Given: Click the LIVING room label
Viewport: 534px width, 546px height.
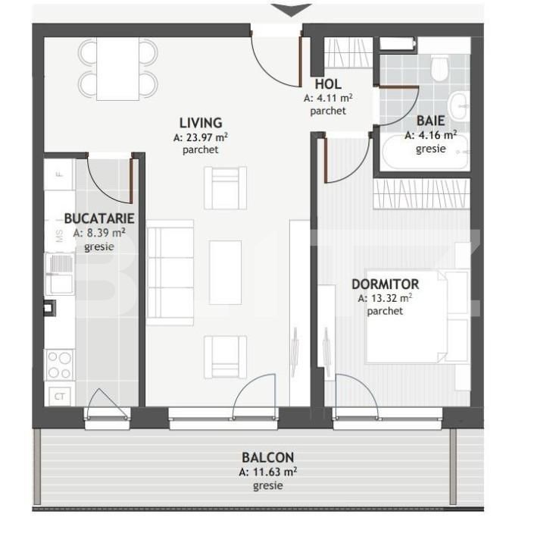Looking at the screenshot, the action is (x=201, y=123).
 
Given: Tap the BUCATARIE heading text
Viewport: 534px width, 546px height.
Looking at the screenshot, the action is (x=99, y=218).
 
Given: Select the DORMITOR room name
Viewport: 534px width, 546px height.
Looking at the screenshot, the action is (x=385, y=284).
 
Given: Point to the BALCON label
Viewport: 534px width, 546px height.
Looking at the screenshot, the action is (x=268, y=457).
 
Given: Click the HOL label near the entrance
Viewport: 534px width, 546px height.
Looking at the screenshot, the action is (x=328, y=84).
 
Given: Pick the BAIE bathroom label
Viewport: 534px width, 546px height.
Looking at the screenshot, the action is (x=431, y=121).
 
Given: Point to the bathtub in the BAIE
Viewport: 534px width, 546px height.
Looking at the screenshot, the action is (x=425, y=153).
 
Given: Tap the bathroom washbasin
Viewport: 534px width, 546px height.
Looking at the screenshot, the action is (x=458, y=106).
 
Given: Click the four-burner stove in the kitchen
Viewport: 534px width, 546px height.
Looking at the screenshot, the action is (x=60, y=365).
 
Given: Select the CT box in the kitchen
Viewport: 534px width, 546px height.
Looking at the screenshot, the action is (x=60, y=397).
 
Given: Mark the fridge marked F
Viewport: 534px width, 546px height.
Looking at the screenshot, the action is (x=60, y=174).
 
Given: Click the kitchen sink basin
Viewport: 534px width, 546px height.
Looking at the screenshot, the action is (x=61, y=283).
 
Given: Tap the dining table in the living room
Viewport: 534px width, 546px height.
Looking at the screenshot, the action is (x=117, y=68).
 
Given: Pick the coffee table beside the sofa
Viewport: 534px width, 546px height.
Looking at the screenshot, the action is (x=226, y=272).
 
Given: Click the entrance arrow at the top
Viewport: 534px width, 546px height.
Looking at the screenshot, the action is (x=291, y=10).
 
